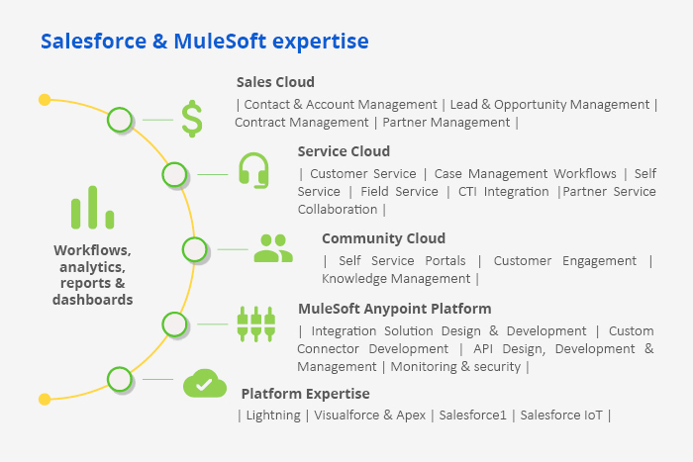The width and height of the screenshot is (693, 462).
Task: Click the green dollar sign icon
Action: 192,119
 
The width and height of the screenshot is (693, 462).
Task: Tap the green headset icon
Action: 253,170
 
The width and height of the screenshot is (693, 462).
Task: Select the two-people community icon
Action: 273,248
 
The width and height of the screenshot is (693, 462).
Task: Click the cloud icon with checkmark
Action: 205,383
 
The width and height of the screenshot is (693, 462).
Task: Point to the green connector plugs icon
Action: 256,323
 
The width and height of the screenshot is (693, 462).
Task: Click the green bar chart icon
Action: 92,207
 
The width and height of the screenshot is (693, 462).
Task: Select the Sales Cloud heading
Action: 275,82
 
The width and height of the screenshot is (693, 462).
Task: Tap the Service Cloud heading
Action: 344,151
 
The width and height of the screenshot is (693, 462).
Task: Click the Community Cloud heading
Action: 384,238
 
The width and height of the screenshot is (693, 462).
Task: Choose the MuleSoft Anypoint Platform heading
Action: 395,309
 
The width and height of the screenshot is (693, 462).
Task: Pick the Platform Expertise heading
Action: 305,394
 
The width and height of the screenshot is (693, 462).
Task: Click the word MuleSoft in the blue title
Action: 220,42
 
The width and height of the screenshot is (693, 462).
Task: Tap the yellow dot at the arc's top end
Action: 45,100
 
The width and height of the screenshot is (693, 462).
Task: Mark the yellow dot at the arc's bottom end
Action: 45,400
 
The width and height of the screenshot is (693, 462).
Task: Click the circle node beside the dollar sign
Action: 120,120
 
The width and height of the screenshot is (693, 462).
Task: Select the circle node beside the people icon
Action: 195,249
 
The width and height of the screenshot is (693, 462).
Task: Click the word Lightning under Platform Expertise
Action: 273,416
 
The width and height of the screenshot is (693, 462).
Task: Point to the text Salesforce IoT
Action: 561,416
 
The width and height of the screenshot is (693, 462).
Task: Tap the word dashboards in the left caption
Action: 93,300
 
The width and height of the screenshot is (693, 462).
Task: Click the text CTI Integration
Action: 503,192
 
